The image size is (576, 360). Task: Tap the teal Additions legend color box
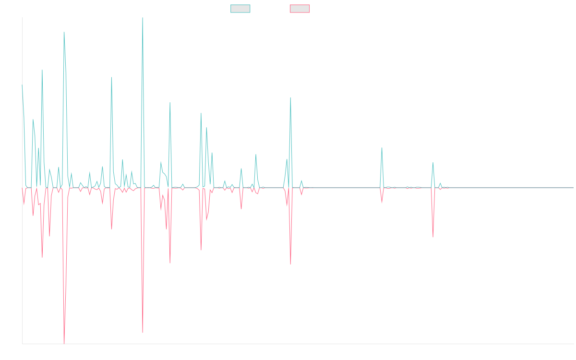point(240,9)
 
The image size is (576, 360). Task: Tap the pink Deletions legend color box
point(300,9)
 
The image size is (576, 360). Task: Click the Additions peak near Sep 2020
point(64,32)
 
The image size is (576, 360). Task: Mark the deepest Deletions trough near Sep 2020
point(64,344)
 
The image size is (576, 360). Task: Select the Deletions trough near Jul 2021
point(143,333)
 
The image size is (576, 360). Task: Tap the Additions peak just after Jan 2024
point(382,148)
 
